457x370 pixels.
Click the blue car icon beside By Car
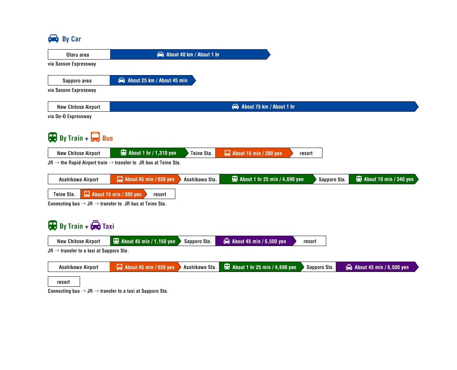pyautogui.click(x=53, y=38)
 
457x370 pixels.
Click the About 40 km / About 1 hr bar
pyautogui.click(x=190, y=54)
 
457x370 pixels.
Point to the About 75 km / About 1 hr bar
pyautogui.click(x=264, y=106)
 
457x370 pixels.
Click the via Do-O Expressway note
pyautogui.click(x=70, y=116)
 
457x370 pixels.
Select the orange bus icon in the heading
pyautogui.click(x=95, y=137)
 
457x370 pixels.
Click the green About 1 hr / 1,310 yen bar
pyautogui.click(x=149, y=152)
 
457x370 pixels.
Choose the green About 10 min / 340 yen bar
pyautogui.click(x=383, y=179)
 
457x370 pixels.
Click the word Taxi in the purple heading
pyautogui.click(x=108, y=226)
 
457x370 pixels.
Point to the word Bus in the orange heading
pyautogui.click(x=107, y=138)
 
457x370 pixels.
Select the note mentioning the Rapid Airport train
pyautogui.click(x=114, y=162)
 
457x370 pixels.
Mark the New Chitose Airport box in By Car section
pyautogui.click(x=78, y=106)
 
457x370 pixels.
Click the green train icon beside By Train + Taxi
pyautogui.click(x=52, y=225)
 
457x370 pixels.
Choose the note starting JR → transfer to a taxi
pyautogui.click(x=88, y=250)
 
